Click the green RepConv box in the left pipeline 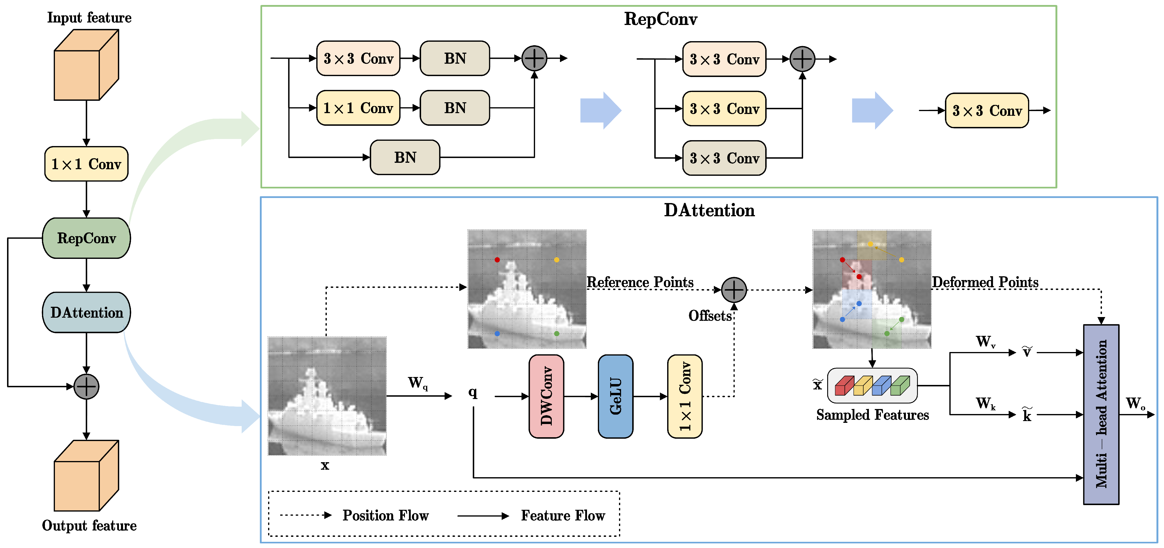(x=86, y=238)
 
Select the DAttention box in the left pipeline (x=86, y=312)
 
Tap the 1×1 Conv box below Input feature (x=86, y=164)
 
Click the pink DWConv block (x=546, y=396)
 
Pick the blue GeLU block (x=615, y=396)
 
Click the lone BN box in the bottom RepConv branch (x=405, y=157)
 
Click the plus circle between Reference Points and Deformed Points (x=734, y=290)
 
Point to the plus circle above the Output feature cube (x=86, y=387)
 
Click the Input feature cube (x=86, y=66)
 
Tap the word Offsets (x=709, y=316)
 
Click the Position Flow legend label (x=385, y=515)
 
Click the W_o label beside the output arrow (x=1135, y=403)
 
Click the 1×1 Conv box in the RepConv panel (x=358, y=108)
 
